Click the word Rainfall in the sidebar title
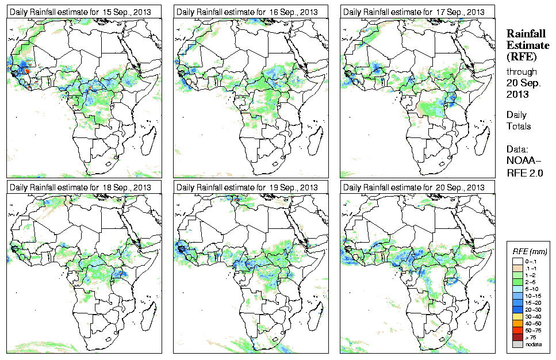click(526, 34)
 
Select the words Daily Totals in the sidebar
click(519, 120)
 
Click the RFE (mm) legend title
click(530, 252)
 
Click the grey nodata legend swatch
click(517, 344)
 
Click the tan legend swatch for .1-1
click(517, 267)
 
